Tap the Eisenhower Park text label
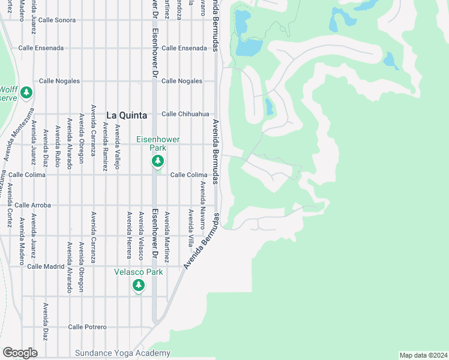point(157,143)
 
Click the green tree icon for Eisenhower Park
point(158,161)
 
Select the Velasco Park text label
point(139,272)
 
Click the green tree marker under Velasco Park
point(139,286)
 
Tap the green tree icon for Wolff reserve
point(26,93)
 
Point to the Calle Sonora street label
point(57,20)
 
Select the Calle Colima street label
point(188,175)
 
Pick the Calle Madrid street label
point(46,266)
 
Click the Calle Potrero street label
point(87,327)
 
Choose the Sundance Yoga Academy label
point(122,353)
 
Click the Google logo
point(20,353)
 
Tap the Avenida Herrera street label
point(128,235)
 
